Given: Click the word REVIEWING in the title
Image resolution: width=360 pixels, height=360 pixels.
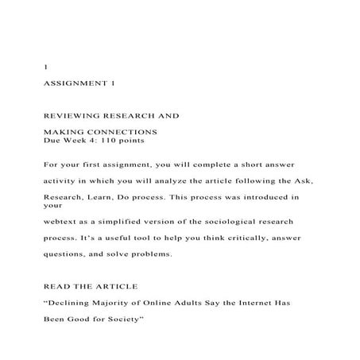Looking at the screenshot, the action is click(x=69, y=116).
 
